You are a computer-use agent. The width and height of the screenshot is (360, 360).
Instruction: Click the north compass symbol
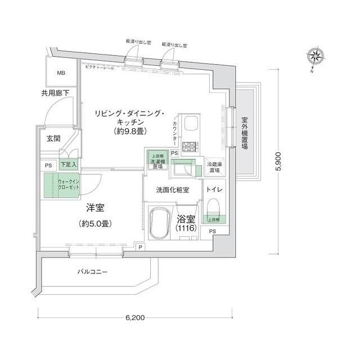315,56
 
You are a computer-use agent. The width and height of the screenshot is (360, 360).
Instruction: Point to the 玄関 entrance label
53,138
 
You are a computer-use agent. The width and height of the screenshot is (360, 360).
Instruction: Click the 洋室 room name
94,208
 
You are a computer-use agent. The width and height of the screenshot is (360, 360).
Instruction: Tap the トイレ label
215,190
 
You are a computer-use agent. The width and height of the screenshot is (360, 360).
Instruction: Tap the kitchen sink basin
191,123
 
